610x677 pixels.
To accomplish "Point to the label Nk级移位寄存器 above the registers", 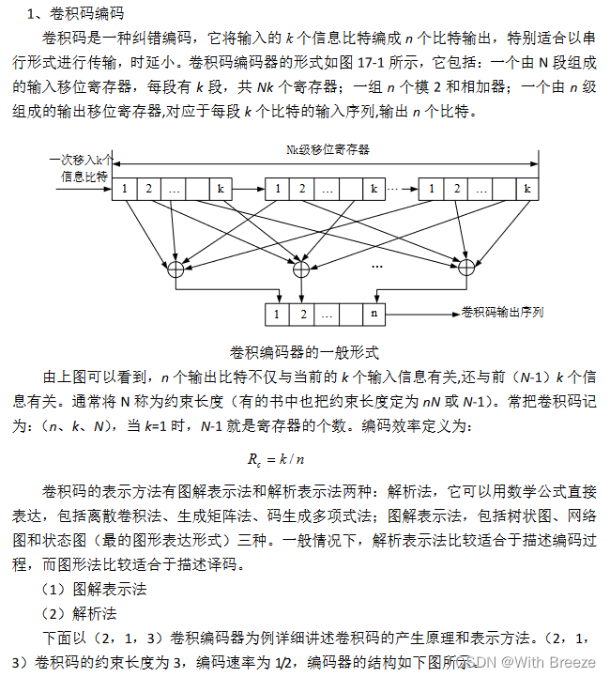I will pos(328,148).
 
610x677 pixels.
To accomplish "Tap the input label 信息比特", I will pos(86,176).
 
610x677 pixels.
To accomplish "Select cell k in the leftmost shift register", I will pos(221,189).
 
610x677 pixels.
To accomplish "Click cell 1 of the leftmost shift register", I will pos(124,189).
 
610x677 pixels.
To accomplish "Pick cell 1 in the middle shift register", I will pos(278,189).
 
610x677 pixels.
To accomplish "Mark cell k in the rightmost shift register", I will pos(528,189).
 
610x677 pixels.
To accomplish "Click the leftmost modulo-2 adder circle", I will pos(174,269).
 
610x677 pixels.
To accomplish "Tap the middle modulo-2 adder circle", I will pos(301,269).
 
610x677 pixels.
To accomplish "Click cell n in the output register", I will pos(374,314).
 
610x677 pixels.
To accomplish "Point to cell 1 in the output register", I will pos(278,314).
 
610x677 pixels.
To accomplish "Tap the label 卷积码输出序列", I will pos(503,312).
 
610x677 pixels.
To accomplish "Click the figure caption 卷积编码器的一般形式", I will pos(304,353).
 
